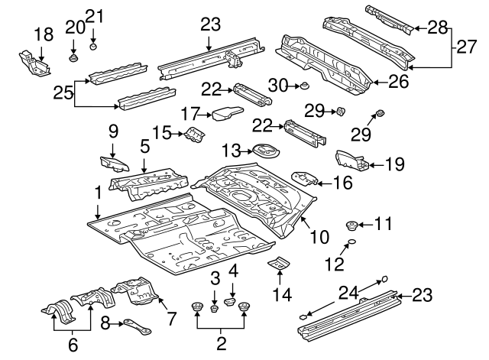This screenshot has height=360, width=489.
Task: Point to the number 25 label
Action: [x=63, y=92]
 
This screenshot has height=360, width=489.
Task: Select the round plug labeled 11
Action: [x=353, y=225]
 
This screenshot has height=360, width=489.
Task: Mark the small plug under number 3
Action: [x=215, y=308]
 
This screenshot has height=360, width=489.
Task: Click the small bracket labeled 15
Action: [x=194, y=136]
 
